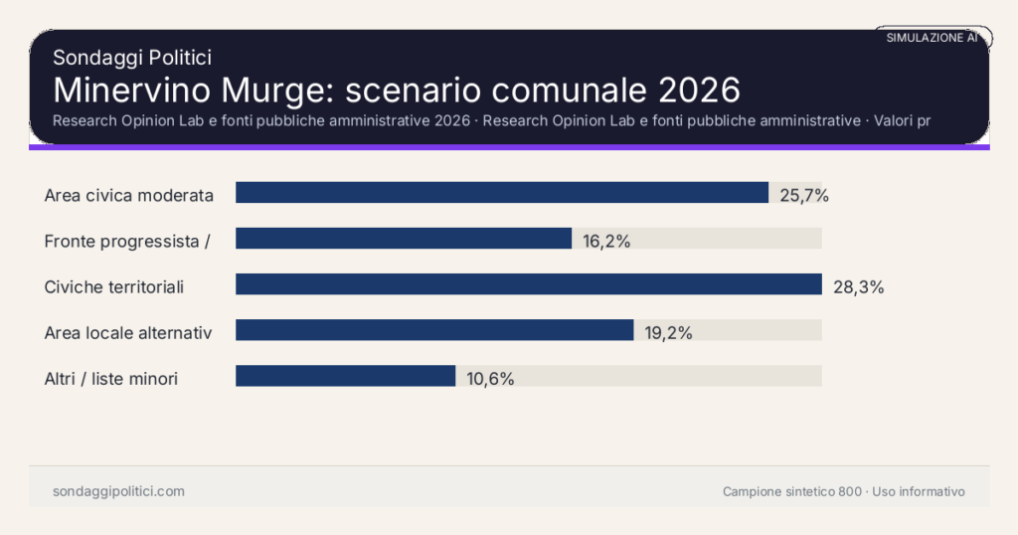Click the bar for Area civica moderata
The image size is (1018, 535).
point(502,193)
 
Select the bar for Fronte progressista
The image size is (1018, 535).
point(404,239)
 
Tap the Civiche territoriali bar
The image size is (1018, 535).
point(528,284)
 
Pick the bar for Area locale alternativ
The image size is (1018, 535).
point(434,330)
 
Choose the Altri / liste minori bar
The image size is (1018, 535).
point(345,376)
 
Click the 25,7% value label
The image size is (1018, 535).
point(803,195)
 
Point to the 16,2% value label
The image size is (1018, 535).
point(606,241)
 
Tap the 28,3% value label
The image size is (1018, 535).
point(858,286)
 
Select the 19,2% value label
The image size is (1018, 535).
point(668,332)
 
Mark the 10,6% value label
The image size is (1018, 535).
point(490,378)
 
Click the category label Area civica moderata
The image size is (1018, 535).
point(129,195)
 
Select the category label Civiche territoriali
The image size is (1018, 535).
point(115,286)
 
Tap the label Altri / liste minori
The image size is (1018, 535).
point(111,378)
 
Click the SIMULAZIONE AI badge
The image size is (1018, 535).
point(932,37)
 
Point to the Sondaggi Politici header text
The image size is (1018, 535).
point(131,58)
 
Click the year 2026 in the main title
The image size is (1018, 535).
point(699,89)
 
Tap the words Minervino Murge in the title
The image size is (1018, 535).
point(184,89)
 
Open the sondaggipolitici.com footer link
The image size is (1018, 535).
point(118,491)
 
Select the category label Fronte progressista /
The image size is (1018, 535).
point(126,241)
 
